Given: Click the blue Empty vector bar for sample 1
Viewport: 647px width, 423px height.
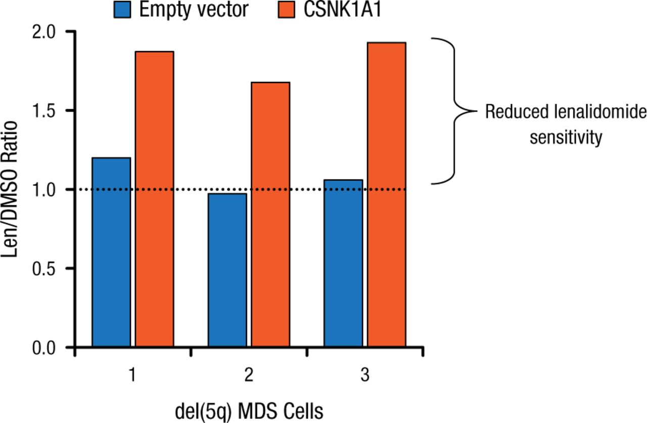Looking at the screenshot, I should (x=111, y=252).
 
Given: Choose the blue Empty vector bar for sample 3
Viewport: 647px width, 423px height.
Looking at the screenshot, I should (x=343, y=264).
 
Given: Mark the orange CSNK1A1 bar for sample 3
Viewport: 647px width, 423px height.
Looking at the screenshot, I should (x=387, y=195).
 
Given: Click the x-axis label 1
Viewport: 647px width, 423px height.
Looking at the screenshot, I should (x=132, y=376).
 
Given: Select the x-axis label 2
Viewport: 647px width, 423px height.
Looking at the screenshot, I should (x=249, y=376).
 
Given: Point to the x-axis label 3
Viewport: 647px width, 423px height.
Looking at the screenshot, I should (x=364, y=376).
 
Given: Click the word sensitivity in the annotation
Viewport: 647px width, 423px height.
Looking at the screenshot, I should (x=566, y=137).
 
